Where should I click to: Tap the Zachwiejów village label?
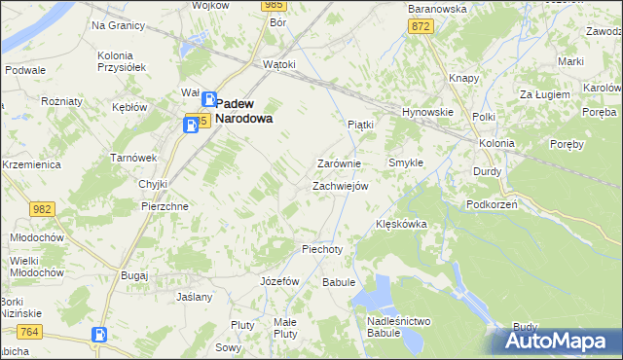[339, 186]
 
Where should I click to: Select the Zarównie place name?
[339, 163]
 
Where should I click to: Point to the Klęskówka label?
[402, 224]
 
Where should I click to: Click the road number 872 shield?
[421, 26]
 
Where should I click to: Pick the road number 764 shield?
[29, 333]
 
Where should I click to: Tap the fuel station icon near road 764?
[98, 335]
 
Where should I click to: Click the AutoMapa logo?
[560, 342]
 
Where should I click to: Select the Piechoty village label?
[322, 249]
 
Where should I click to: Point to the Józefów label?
[279, 280]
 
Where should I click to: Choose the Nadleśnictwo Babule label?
[399, 327]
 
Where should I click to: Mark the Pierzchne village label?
[165, 207]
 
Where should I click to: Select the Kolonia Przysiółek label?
[122, 61]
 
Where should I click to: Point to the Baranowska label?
[437, 9]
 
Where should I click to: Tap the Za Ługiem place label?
[542, 94]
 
